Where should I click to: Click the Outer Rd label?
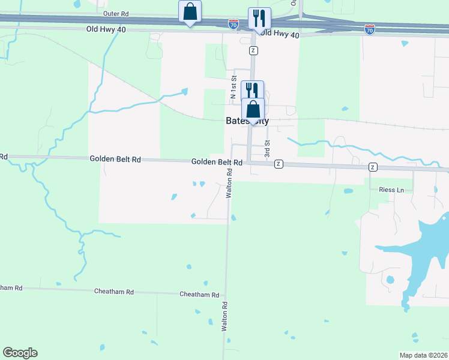[116, 13]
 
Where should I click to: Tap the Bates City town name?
[247, 121]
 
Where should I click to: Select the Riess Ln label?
[392, 190]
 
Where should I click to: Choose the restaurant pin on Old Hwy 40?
[259, 19]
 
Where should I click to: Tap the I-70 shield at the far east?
[370, 29]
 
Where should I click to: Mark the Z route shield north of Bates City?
[254, 50]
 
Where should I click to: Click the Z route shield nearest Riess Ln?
[373, 167]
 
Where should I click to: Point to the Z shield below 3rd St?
[279, 164]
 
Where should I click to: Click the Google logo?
[20, 353]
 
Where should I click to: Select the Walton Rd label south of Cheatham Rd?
[224, 317]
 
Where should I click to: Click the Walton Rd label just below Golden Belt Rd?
[229, 183]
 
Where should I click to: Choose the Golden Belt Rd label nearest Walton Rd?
[217, 162]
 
